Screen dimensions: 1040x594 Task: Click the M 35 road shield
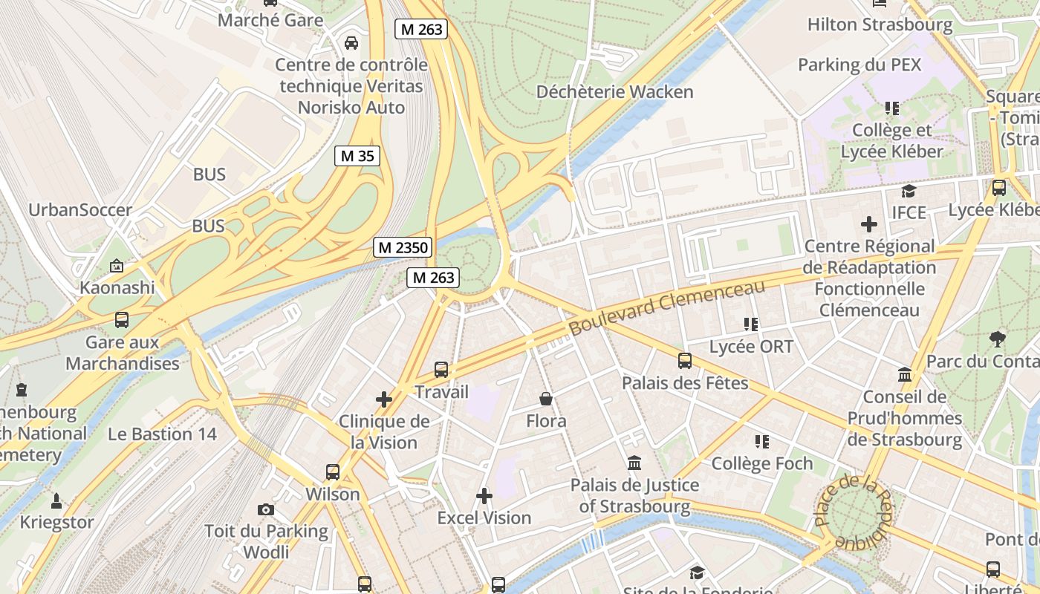357,156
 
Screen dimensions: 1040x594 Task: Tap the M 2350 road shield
403,247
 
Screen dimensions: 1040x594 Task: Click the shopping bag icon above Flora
546,399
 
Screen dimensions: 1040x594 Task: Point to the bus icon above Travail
441,369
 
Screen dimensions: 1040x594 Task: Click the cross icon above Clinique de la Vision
384,399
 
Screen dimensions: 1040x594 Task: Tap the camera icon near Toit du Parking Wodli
266,509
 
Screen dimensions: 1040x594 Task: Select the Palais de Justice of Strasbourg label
634,496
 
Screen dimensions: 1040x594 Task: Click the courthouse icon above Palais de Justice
634,463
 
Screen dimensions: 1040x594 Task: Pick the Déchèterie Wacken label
614,92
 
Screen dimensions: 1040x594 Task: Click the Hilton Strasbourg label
880,25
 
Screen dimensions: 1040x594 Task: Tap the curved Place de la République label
854,512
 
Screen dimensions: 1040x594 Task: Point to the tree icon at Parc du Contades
998,339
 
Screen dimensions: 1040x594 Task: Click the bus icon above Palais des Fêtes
685,361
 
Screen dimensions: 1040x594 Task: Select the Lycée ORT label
751,346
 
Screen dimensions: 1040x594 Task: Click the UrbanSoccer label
80,209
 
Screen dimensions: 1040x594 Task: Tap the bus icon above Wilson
333,471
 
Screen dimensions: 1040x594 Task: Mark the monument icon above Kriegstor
56,500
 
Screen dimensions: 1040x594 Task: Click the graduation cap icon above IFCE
909,192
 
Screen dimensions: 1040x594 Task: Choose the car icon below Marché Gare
351,42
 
